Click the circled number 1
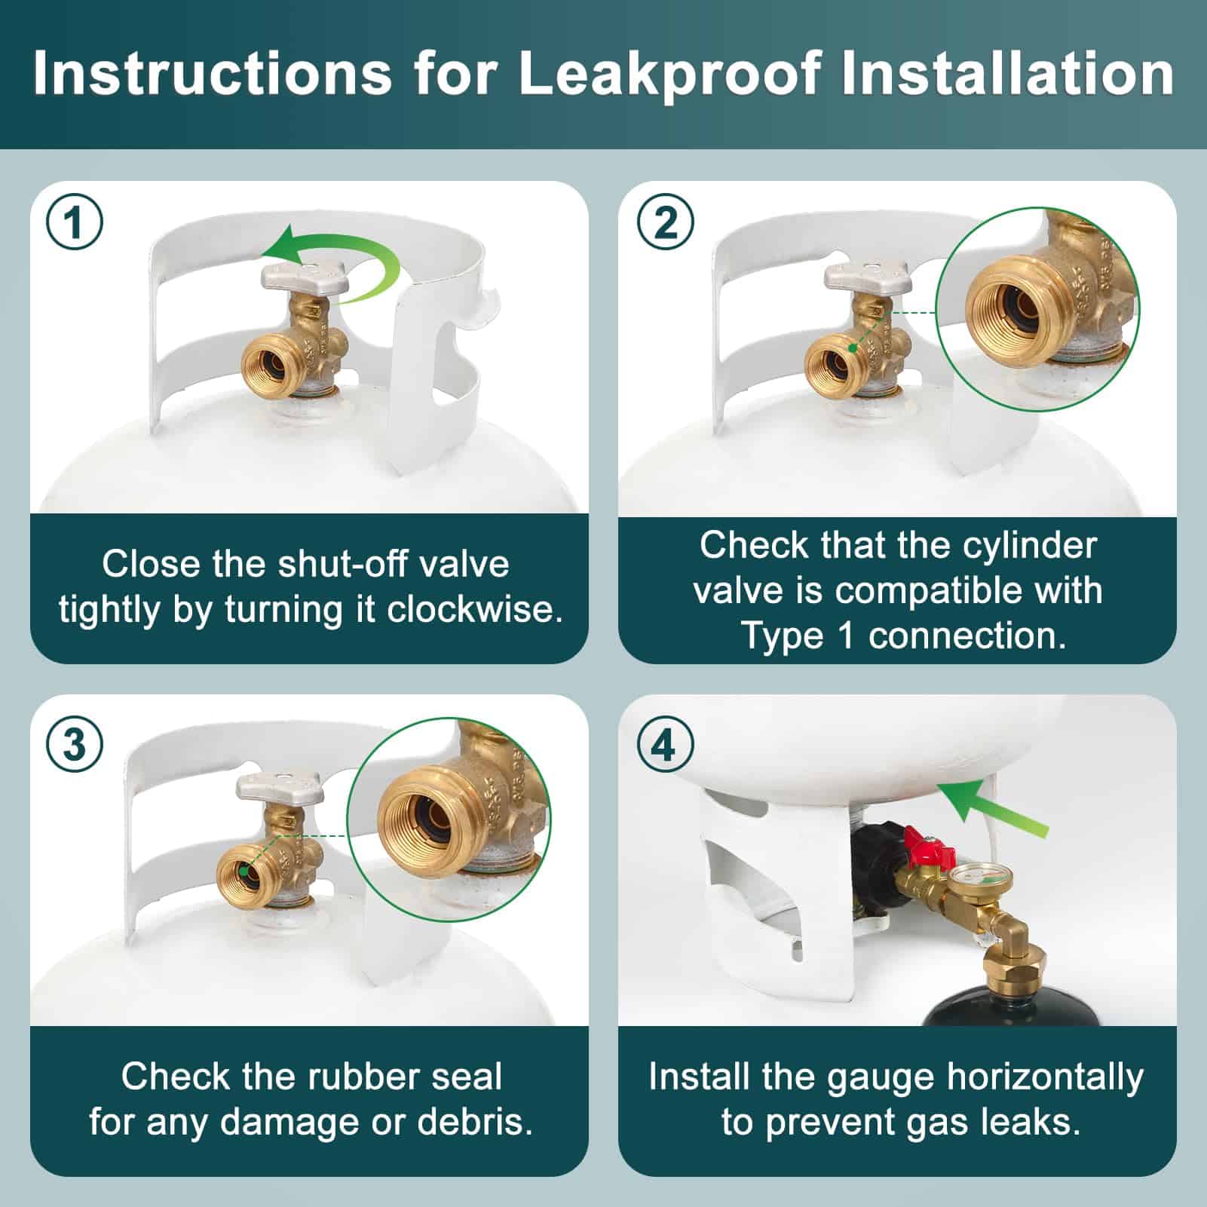[74, 223]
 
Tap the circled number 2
[665, 223]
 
